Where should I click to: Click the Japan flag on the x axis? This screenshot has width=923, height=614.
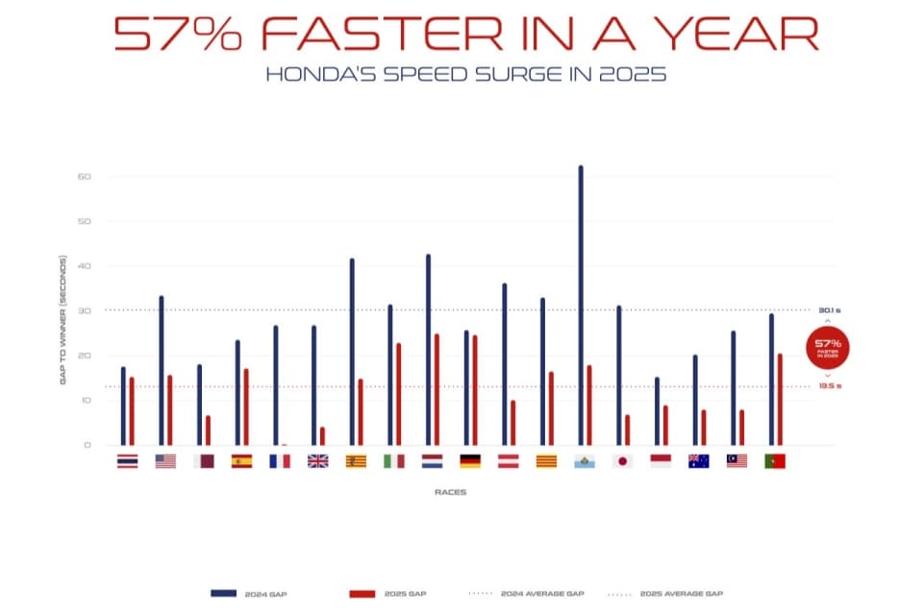coord(622,461)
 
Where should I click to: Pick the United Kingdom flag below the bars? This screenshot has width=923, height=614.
coord(317,461)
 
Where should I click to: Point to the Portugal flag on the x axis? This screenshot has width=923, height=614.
coord(775,461)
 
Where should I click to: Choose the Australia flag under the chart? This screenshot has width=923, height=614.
coord(699,461)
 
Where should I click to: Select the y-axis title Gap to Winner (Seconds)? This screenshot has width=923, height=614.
coord(63,320)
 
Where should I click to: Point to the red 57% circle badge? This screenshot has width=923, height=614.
coord(828,347)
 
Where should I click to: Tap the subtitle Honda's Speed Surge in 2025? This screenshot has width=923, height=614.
coord(464,74)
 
